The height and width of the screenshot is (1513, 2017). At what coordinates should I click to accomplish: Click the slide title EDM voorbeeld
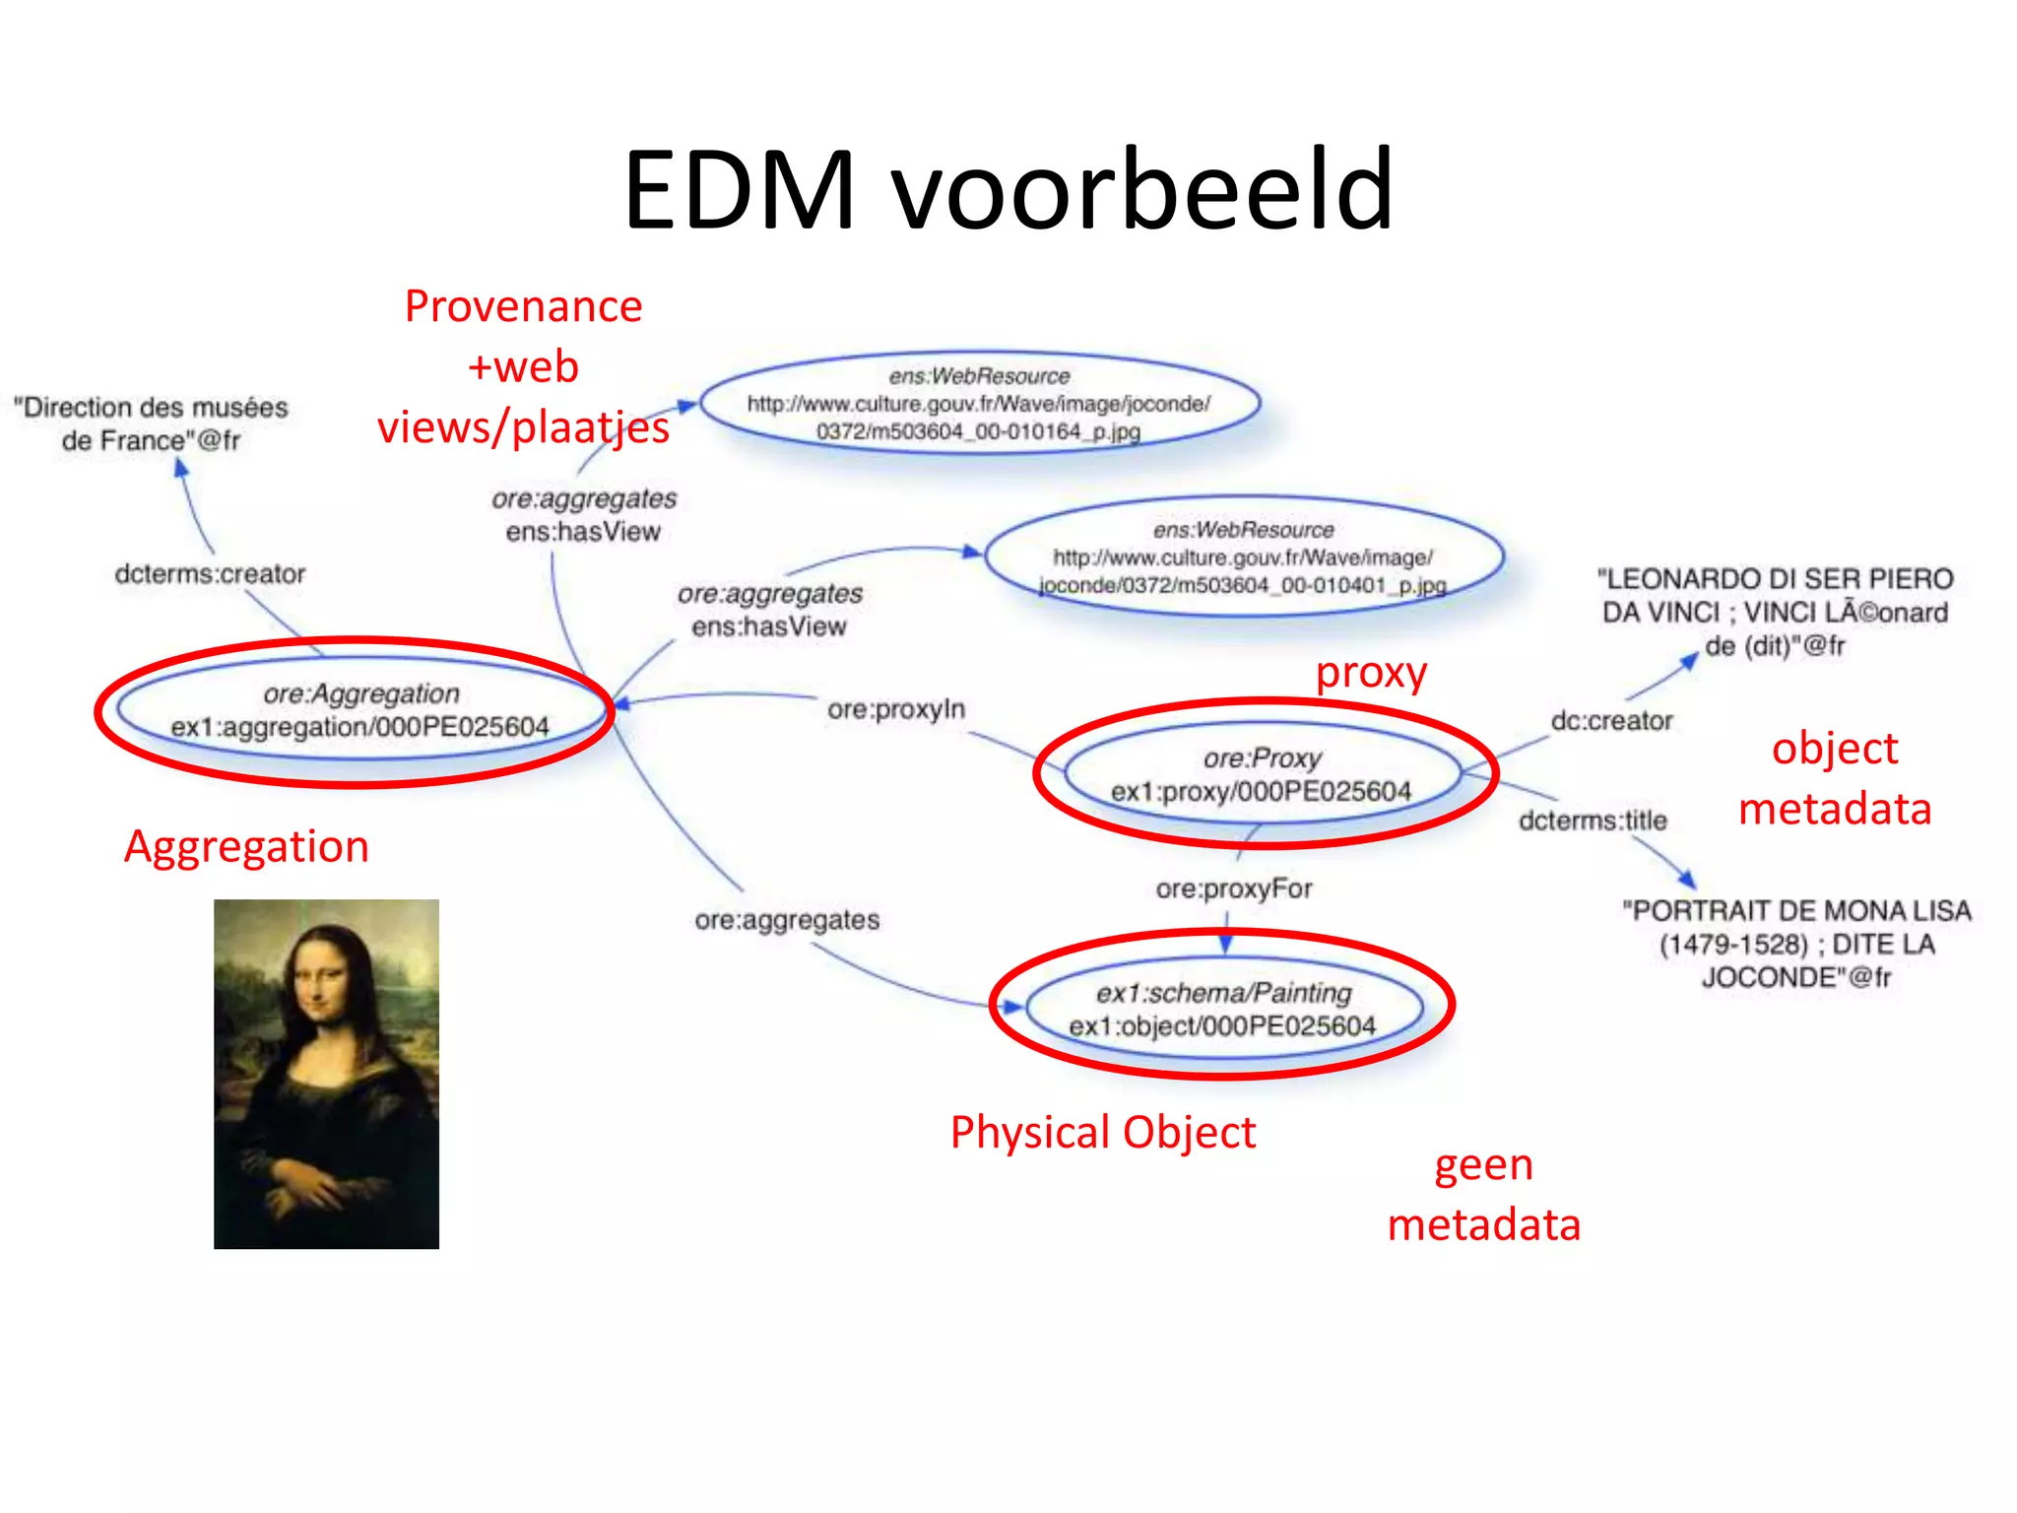(x=1008, y=189)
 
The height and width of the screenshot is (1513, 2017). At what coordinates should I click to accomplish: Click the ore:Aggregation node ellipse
(x=360, y=710)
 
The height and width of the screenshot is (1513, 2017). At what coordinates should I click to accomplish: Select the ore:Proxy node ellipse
(x=1263, y=775)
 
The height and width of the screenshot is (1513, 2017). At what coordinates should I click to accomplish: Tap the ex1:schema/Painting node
(x=1223, y=1009)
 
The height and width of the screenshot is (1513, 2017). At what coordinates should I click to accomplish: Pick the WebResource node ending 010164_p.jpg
(x=979, y=404)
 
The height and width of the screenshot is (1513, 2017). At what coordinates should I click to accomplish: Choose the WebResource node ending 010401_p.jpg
(x=1243, y=558)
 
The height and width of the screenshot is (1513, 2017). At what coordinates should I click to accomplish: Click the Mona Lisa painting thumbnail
(x=326, y=1074)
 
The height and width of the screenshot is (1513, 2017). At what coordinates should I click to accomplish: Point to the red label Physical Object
(x=1102, y=1133)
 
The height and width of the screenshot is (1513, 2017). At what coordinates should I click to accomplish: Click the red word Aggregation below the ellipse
(x=246, y=847)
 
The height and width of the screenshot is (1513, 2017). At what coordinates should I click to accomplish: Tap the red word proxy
(x=1371, y=673)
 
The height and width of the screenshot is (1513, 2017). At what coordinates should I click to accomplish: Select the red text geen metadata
(x=1483, y=1195)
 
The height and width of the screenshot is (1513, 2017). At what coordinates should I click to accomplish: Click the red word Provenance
(x=523, y=306)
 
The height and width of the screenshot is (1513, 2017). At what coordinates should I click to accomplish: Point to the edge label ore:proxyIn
(x=896, y=709)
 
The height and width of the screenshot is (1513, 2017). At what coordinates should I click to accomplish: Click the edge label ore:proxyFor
(x=1234, y=888)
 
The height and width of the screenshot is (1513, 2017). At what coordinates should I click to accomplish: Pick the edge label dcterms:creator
(x=210, y=573)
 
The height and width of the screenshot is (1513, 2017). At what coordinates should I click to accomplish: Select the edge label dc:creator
(x=1611, y=721)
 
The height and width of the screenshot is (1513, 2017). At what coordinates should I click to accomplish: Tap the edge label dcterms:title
(x=1593, y=821)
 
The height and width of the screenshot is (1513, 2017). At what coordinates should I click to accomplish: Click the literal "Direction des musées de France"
(x=151, y=424)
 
